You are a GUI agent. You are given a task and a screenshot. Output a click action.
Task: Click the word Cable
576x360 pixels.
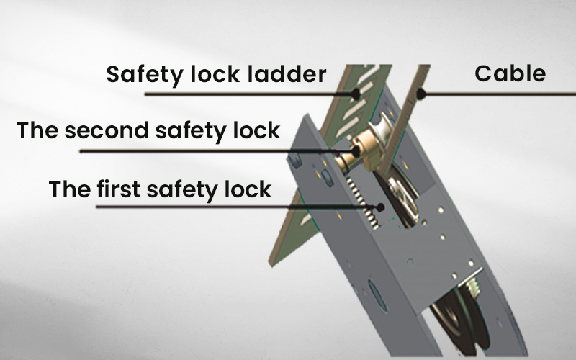[x=510, y=73]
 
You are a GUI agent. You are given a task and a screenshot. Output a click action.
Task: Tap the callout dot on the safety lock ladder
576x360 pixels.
[x=356, y=94]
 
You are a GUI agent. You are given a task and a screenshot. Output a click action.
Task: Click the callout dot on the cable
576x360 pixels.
[x=421, y=94]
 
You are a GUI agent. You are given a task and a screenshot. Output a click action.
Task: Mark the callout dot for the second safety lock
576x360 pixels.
[x=356, y=151]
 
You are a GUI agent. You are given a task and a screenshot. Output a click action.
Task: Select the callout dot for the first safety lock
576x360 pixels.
[x=381, y=207]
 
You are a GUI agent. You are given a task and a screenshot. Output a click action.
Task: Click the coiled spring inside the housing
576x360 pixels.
[x=364, y=202]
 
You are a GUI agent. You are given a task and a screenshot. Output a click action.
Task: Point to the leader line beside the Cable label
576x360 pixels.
[x=498, y=94]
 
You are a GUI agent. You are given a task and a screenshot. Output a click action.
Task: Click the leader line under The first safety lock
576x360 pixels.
[x=238, y=207]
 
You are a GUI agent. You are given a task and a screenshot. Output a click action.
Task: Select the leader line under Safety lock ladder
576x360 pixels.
[x=250, y=94]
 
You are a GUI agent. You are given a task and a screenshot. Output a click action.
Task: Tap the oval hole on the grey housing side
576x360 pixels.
[x=378, y=296]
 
